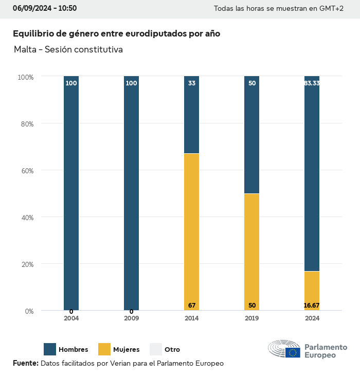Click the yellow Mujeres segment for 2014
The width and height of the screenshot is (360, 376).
(x=191, y=231)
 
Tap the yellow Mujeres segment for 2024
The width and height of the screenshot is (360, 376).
(x=312, y=288)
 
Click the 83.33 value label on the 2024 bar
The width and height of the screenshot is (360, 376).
(x=312, y=83)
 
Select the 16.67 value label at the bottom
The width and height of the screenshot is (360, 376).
(x=312, y=306)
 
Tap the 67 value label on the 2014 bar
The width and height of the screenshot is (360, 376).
(x=192, y=306)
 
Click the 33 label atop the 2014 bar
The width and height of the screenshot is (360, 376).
(x=192, y=83)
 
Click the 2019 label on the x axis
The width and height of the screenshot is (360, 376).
(x=251, y=318)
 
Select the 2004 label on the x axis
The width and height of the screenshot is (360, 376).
(x=71, y=318)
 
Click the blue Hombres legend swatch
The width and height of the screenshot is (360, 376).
(x=50, y=349)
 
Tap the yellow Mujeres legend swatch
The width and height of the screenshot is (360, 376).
(x=104, y=349)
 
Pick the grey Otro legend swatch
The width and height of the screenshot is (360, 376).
(x=156, y=349)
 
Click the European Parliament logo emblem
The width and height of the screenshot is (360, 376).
(x=284, y=349)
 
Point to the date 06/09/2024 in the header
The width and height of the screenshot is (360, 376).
(x=30, y=8)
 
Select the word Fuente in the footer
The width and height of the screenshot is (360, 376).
(x=25, y=363)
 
